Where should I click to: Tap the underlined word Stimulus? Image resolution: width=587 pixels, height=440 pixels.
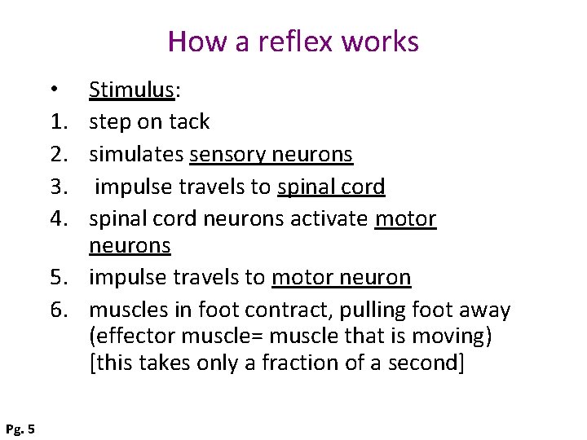[x=131, y=90]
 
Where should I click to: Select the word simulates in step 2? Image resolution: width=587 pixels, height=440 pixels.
[x=136, y=154]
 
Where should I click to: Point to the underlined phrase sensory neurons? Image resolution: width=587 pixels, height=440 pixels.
[x=271, y=154]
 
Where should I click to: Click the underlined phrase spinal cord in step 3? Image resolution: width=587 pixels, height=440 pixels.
[x=331, y=187]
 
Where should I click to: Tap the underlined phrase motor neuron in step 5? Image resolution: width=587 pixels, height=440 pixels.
[x=341, y=278]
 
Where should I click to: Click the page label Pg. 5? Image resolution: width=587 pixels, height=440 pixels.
[x=20, y=428]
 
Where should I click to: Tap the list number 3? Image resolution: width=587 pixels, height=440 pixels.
[x=58, y=187]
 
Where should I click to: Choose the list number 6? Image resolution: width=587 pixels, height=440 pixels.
[x=58, y=310]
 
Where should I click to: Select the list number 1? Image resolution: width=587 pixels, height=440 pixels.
[x=58, y=121]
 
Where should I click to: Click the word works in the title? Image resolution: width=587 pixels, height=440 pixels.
[x=382, y=42]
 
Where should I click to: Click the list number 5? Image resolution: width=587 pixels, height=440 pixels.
[x=58, y=278]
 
